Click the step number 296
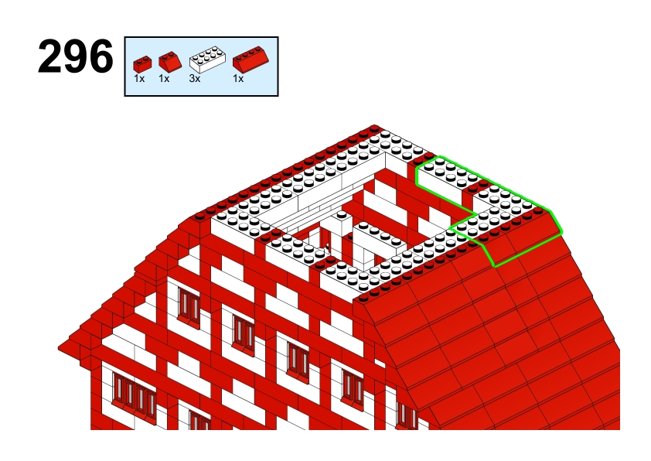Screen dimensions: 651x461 click(x=75, y=56)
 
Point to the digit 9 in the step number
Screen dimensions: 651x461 click(x=75, y=56)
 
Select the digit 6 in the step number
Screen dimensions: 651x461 click(x=101, y=56)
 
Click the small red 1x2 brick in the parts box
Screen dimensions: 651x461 click(x=142, y=64)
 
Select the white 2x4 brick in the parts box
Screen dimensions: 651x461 click(x=207, y=60)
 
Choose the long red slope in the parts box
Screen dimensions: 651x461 click(x=251, y=59)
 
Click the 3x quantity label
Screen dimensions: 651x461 click(x=195, y=78)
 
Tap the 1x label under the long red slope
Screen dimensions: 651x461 click(x=238, y=78)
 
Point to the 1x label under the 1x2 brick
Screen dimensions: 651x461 click(x=139, y=78)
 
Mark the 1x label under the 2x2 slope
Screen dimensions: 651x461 click(x=164, y=78)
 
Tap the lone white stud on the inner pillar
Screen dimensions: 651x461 click(x=342, y=215)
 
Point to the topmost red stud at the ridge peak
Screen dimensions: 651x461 click(x=373, y=128)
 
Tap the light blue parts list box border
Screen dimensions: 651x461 click(x=201, y=37)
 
